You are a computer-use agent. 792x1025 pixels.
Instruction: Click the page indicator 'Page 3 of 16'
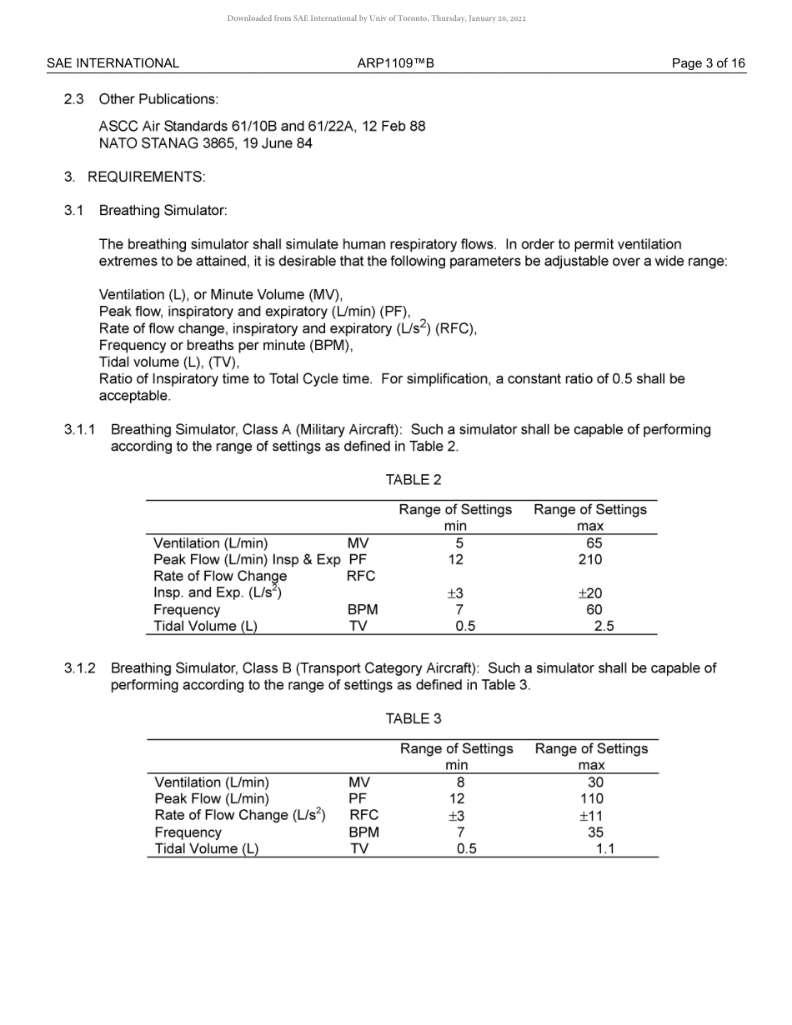(708, 63)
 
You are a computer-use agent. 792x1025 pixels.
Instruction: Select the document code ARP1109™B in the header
(395, 63)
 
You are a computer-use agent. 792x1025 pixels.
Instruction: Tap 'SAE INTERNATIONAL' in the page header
(113, 63)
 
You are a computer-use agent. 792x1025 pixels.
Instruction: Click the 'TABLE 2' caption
(414, 480)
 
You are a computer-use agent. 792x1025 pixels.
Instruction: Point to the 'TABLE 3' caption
(414, 719)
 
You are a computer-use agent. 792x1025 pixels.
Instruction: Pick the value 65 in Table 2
(594, 543)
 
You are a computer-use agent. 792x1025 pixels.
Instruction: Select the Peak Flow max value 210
(590, 560)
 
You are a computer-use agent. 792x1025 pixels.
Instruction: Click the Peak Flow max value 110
(591, 799)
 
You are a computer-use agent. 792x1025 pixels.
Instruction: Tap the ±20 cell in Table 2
(589, 593)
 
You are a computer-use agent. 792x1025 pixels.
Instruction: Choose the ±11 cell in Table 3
(590, 816)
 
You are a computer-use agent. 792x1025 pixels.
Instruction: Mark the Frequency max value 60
(594, 610)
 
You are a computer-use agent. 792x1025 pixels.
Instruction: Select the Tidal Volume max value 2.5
(604, 627)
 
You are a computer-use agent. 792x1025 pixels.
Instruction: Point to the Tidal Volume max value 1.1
(605, 849)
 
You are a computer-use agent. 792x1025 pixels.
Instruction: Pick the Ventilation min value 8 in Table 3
(460, 782)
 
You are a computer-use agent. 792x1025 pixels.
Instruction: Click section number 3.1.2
(80, 668)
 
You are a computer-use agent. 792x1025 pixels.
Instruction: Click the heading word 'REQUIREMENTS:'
(146, 177)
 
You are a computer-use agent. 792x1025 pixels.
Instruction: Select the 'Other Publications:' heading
(158, 99)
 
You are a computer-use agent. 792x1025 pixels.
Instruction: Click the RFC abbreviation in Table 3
(363, 816)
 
